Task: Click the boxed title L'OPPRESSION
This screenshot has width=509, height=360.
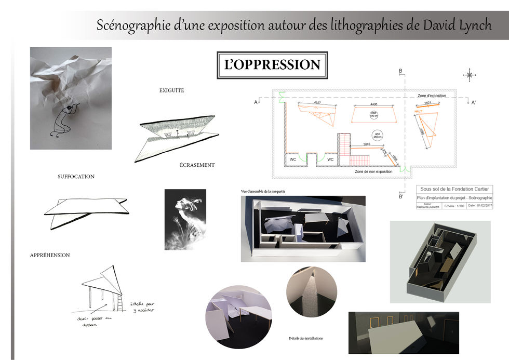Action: coord(272,65)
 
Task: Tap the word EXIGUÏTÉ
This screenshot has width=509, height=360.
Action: coord(171,91)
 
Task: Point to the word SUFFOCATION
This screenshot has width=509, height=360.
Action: coord(76,177)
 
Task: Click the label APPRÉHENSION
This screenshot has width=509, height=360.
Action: coord(50,255)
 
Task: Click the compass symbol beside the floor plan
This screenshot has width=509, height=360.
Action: coord(470,75)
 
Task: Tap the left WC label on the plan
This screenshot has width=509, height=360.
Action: coord(293,159)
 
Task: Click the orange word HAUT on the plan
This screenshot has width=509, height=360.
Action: coord(418,111)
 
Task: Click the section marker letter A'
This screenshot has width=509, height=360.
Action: coord(473,102)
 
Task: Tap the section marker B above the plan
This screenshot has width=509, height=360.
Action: coord(400,71)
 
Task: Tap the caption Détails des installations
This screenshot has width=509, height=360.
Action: coord(305,338)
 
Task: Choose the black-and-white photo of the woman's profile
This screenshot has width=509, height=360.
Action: coord(185,219)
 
